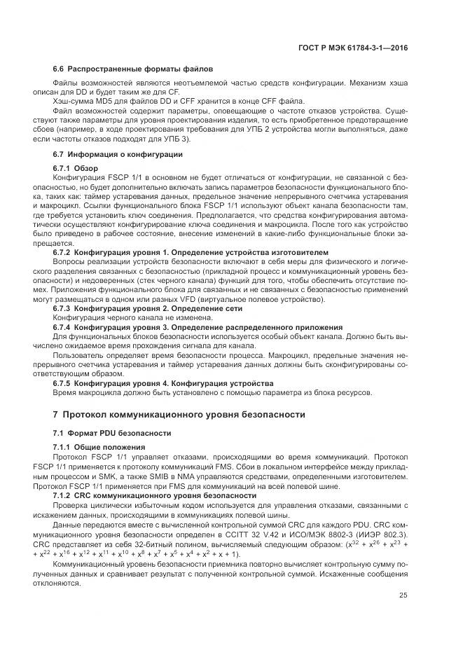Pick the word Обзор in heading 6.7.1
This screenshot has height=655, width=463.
pyautogui.click(x=87, y=169)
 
